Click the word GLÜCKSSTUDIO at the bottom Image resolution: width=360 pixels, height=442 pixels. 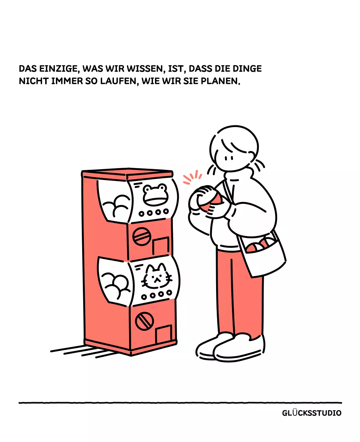pos(312,413)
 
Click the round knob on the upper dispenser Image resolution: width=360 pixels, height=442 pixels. pos(142,236)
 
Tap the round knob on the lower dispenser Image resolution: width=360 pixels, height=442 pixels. pos(144,321)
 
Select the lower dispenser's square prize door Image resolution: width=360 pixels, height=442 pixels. pos(164,334)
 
